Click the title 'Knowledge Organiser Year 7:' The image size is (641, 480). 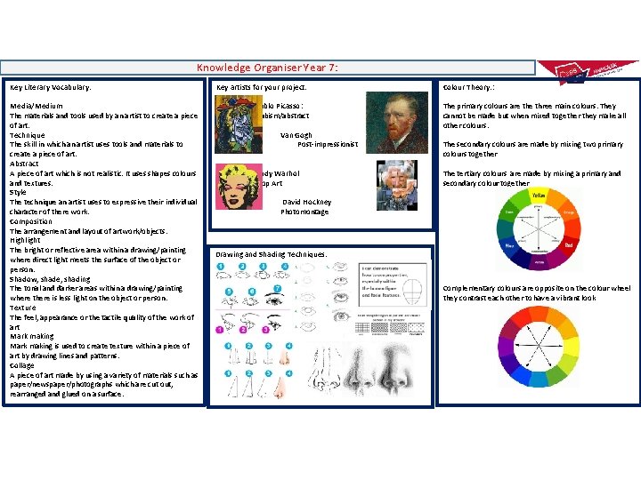point(267,68)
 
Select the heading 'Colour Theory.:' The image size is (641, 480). point(468,87)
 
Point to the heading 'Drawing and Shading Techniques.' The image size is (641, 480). point(271,254)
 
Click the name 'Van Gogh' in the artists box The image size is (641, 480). point(296,134)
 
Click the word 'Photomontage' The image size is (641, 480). point(304,212)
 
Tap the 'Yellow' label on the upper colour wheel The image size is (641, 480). point(539,195)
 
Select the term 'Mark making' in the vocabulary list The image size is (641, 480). point(32,336)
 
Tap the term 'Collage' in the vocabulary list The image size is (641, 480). point(23,364)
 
